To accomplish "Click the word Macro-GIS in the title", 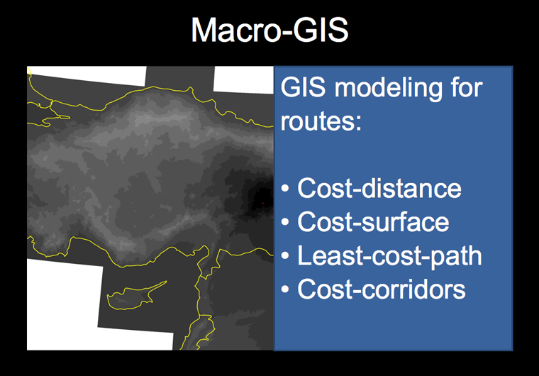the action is click(x=269, y=31).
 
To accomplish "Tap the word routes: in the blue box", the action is click(x=321, y=121).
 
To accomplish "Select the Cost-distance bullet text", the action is click(x=379, y=188).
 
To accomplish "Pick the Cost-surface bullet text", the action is click(x=373, y=222).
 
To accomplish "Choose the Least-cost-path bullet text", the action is click(x=389, y=256).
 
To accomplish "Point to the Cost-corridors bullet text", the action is click(x=382, y=289).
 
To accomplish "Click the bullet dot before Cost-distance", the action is click(x=285, y=189).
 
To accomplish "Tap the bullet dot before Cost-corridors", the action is click(x=285, y=289).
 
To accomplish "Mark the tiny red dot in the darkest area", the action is click(x=263, y=204).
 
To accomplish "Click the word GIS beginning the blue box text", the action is click(x=303, y=87).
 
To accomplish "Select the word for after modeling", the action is click(x=467, y=87).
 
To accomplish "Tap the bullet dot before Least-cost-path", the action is click(x=285, y=256).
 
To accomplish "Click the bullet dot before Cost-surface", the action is click(x=285, y=222).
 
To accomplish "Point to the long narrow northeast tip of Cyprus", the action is click(x=167, y=282).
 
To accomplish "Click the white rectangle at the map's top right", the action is click(x=243, y=79).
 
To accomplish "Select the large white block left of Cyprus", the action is click(x=65, y=303).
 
